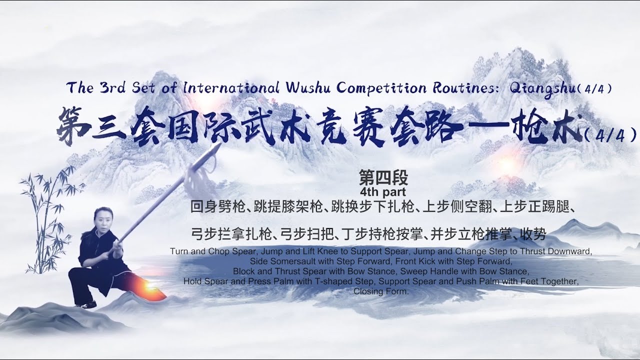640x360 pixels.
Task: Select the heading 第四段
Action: tap(383, 177)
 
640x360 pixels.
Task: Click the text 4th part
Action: tap(383, 191)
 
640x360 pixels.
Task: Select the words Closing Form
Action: tap(381, 291)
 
